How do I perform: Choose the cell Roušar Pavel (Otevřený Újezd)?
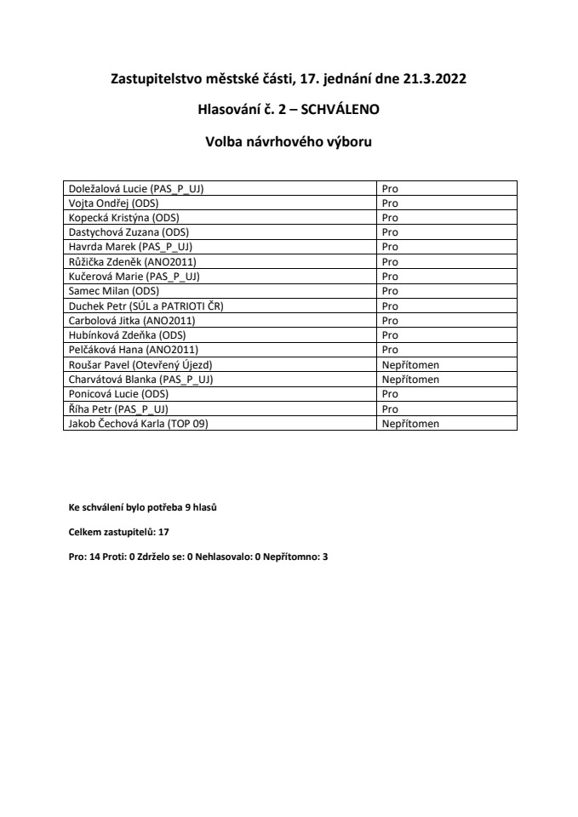140,363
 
